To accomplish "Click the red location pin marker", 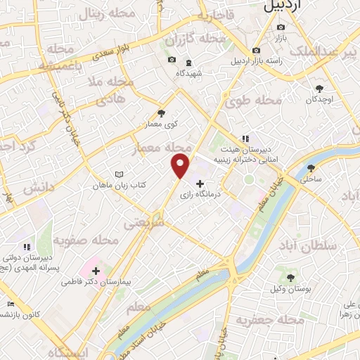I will [180, 166].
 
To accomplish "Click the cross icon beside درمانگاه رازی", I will [200, 183].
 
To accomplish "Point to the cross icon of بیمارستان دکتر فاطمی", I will [96, 270].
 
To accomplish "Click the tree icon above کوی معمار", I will [161, 113].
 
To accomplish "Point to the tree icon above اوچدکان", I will [320, 89].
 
